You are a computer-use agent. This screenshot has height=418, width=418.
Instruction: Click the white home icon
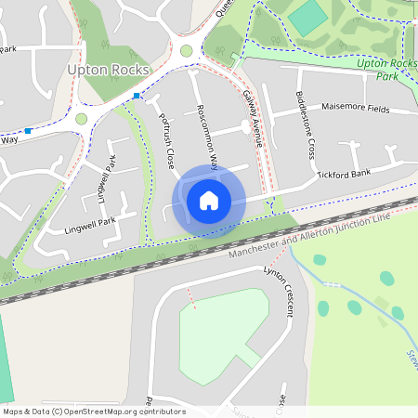point(209,200)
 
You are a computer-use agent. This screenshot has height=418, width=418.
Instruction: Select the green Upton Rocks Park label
point(387,68)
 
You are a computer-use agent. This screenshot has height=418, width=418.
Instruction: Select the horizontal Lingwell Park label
point(89,222)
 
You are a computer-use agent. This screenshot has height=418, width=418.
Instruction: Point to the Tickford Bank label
point(343,174)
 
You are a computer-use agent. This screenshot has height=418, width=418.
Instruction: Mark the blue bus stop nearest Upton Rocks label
point(137,96)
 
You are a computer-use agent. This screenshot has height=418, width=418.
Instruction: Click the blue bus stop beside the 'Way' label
point(28,131)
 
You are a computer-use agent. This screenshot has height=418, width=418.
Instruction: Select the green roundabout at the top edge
point(186,51)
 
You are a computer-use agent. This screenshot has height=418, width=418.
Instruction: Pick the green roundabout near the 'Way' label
point(81,119)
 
